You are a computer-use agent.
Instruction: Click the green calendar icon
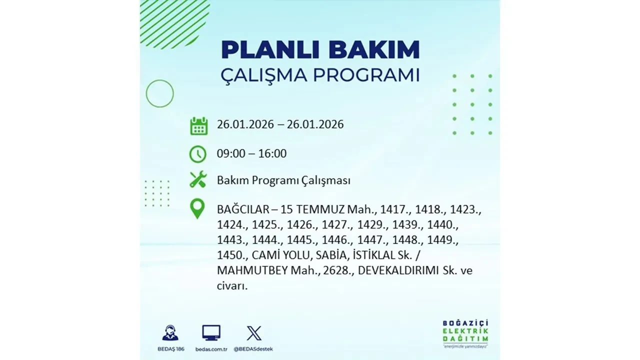[x=198, y=125]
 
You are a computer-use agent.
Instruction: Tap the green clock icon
[x=198, y=154]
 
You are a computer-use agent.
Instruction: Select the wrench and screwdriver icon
[x=198, y=179]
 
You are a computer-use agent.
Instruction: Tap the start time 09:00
[x=231, y=153]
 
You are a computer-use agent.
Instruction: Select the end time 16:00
[x=272, y=153]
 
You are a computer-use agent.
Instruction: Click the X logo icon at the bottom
[x=254, y=333]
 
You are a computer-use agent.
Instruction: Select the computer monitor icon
[x=211, y=332]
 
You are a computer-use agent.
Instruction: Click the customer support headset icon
[x=170, y=332]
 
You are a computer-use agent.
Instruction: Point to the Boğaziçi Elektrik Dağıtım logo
[x=465, y=331]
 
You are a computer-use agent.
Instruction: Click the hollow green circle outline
[x=159, y=93]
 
